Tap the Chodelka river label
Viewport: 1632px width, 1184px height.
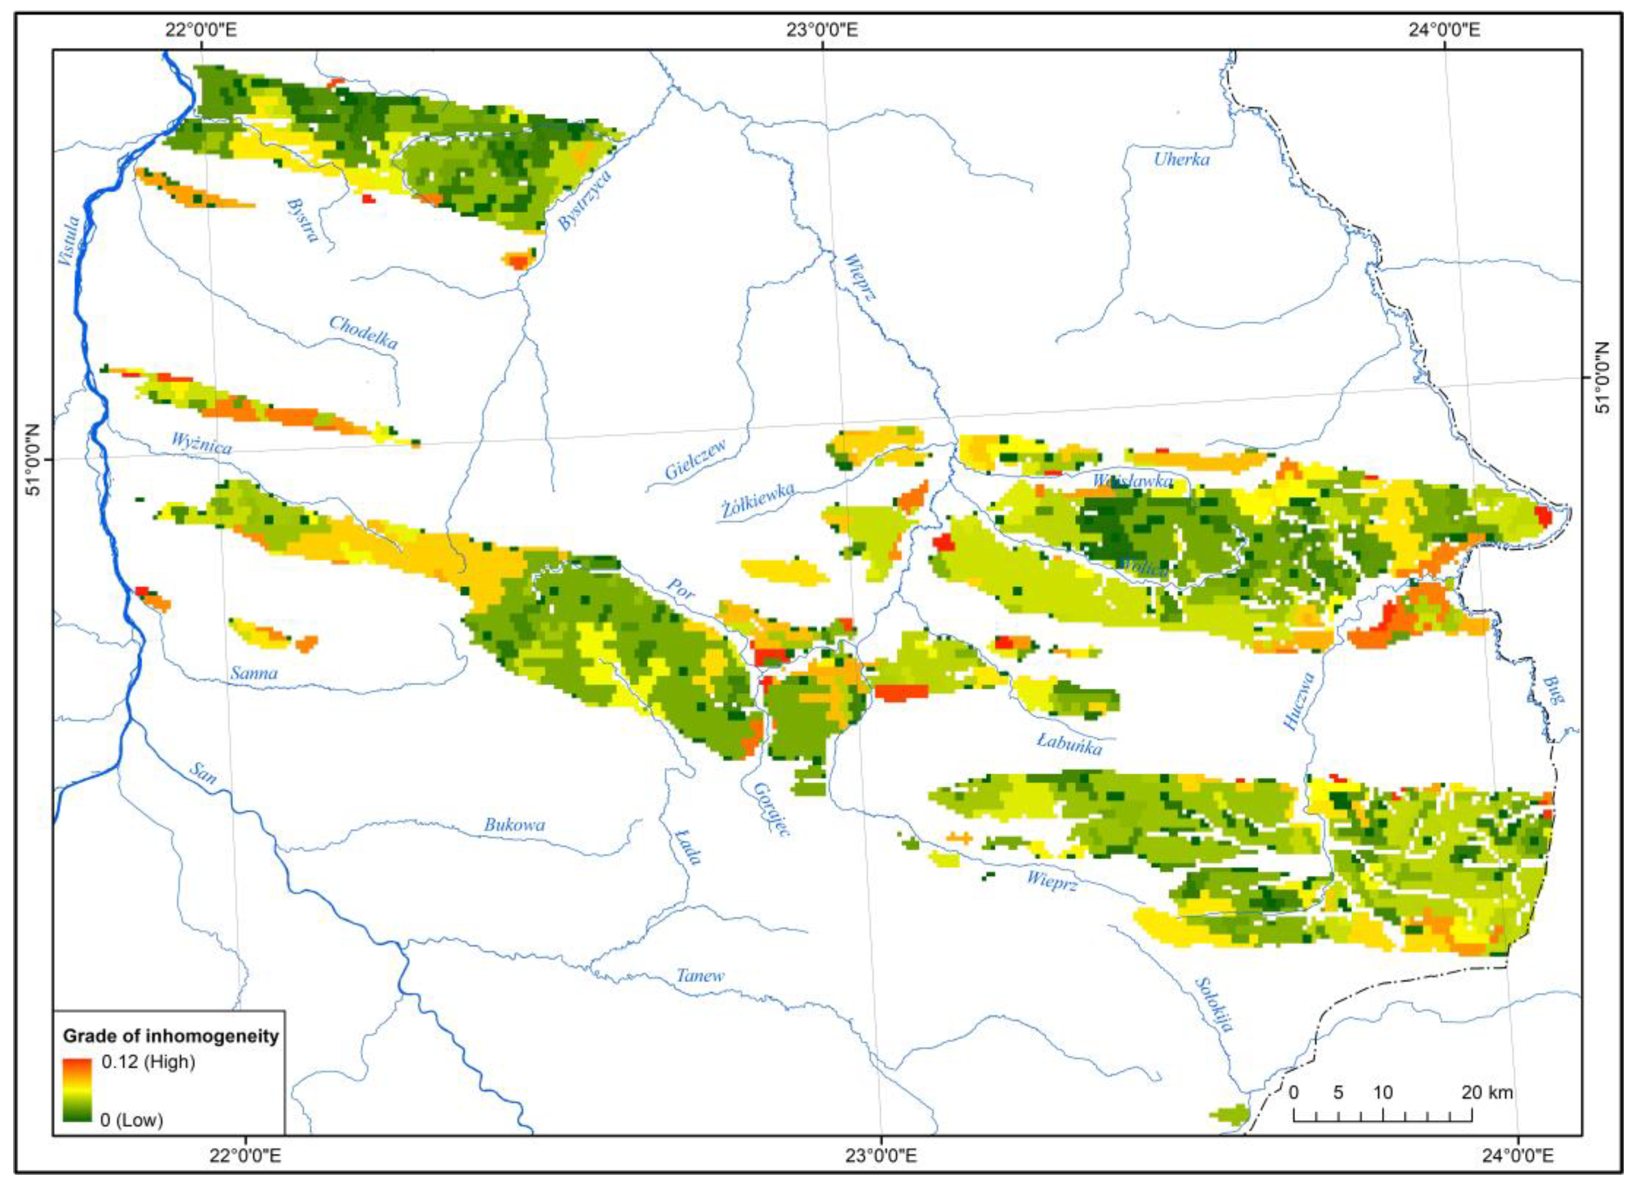point(363,332)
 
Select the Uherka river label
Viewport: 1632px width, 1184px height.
point(1182,159)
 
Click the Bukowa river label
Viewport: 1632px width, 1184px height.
point(514,825)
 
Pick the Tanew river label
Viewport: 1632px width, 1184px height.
point(700,976)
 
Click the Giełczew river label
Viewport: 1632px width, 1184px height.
point(695,460)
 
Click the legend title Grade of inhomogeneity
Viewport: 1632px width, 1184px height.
point(170,1036)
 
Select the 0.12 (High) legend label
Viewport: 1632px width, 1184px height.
point(148,1062)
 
